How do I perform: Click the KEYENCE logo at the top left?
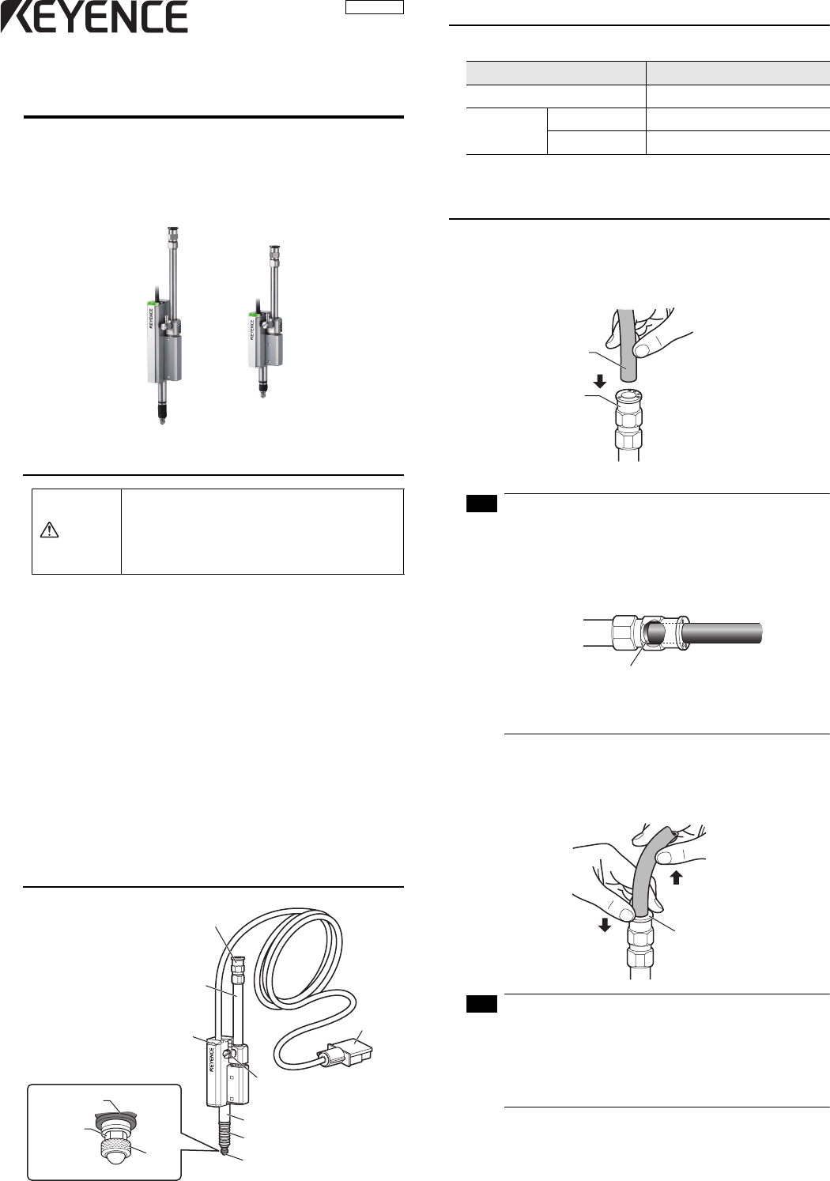tap(94, 17)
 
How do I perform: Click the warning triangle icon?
tap(49, 530)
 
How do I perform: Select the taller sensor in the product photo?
tap(164, 326)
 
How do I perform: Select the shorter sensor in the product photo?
tap(266, 321)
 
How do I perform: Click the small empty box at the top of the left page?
tap(375, 7)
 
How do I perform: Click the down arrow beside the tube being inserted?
tap(599, 380)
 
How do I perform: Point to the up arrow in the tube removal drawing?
tap(676, 877)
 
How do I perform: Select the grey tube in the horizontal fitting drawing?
tap(722, 632)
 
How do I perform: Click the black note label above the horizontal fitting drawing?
tap(481, 504)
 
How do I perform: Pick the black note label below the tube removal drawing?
tap(481, 1005)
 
